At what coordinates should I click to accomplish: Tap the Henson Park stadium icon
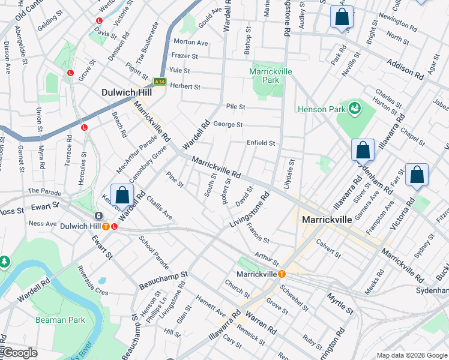355,109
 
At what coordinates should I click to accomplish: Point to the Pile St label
235,106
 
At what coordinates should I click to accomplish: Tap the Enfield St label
261,143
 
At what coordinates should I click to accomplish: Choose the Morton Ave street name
190,42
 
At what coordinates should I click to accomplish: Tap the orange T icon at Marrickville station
280,274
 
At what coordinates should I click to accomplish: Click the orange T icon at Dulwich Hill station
106,226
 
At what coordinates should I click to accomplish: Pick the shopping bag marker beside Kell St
122,196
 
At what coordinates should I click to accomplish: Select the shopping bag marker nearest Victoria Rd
417,176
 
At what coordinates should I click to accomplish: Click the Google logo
20,353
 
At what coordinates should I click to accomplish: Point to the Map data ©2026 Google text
411,355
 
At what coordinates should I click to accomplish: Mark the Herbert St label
184,86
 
